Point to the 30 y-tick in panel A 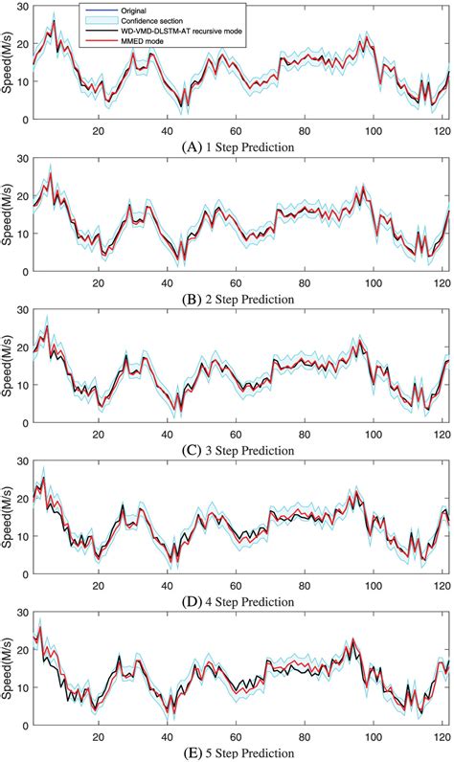(x=23, y=7)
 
